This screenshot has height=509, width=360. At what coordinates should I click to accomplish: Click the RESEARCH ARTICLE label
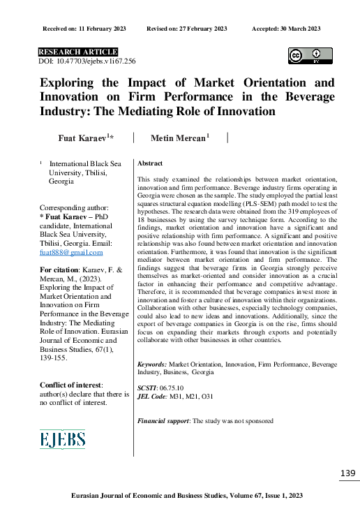point(77,52)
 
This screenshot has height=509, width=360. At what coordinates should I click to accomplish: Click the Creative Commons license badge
point(310,56)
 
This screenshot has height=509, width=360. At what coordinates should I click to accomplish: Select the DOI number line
point(86,62)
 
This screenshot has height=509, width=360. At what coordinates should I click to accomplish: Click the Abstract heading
point(150,163)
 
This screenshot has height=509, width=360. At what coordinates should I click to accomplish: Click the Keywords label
point(152,364)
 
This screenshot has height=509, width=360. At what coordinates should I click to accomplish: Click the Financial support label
point(163,421)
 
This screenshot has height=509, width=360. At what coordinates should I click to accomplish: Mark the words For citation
point(59,269)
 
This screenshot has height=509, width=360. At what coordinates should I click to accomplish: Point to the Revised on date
point(187,28)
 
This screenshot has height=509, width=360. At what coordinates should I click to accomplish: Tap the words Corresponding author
point(74,207)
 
